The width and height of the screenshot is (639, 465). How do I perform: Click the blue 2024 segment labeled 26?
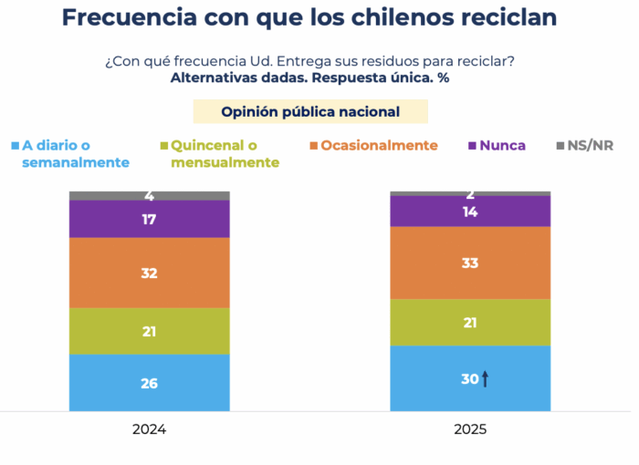pyautogui.click(x=150, y=383)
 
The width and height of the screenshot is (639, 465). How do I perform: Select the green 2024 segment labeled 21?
pyautogui.click(x=150, y=331)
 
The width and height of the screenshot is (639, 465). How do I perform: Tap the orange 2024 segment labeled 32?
pyautogui.click(x=150, y=273)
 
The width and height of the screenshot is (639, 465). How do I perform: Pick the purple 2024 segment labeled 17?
pyautogui.click(x=150, y=219)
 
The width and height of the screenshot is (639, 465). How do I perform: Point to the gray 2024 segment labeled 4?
pyautogui.click(x=150, y=195)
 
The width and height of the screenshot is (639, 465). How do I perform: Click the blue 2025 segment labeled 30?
pyautogui.click(x=470, y=379)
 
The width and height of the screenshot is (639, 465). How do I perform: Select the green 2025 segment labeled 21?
pyautogui.click(x=470, y=323)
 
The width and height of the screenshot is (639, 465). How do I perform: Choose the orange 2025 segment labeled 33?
pyautogui.click(x=470, y=263)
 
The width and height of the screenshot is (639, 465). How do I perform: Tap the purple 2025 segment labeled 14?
pyautogui.click(x=470, y=211)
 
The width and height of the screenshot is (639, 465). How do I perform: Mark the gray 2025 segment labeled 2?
pyautogui.click(x=470, y=193)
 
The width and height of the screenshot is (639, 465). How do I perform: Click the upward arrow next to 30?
pyautogui.click(x=486, y=379)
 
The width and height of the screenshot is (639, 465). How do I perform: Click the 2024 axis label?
pyautogui.click(x=150, y=429)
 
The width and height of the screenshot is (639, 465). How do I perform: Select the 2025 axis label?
pyautogui.click(x=470, y=429)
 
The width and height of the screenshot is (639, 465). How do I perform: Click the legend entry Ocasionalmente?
pyautogui.click(x=379, y=145)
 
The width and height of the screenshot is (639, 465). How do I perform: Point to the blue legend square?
pyautogui.click(x=16, y=146)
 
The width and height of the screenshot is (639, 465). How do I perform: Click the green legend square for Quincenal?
pyautogui.click(x=163, y=146)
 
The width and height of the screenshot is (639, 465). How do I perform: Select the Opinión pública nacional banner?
pyautogui.click(x=310, y=111)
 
